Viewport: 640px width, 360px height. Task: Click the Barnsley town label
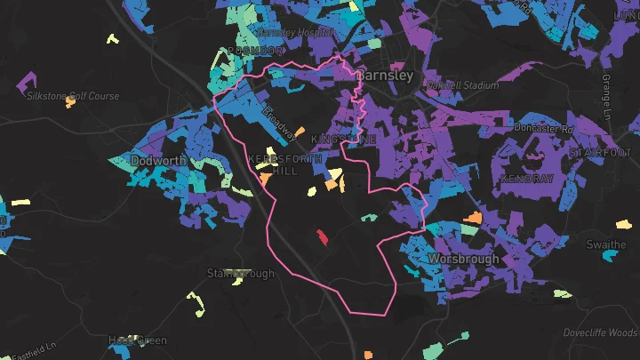pyautogui.click(x=385, y=76)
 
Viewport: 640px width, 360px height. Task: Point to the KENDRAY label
pyautogui.click(x=527, y=179)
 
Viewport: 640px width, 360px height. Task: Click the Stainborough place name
pyautogui.click(x=240, y=274)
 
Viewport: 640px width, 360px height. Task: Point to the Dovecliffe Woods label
pyautogui.click(x=600, y=333)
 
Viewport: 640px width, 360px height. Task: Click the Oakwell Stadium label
pyautogui.click(x=461, y=86)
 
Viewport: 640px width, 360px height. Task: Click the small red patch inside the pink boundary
pyautogui.click(x=321, y=236)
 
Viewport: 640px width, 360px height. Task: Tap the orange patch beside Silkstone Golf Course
pyautogui.click(x=71, y=101)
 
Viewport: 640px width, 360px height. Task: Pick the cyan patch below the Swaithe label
pyautogui.click(x=610, y=256)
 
